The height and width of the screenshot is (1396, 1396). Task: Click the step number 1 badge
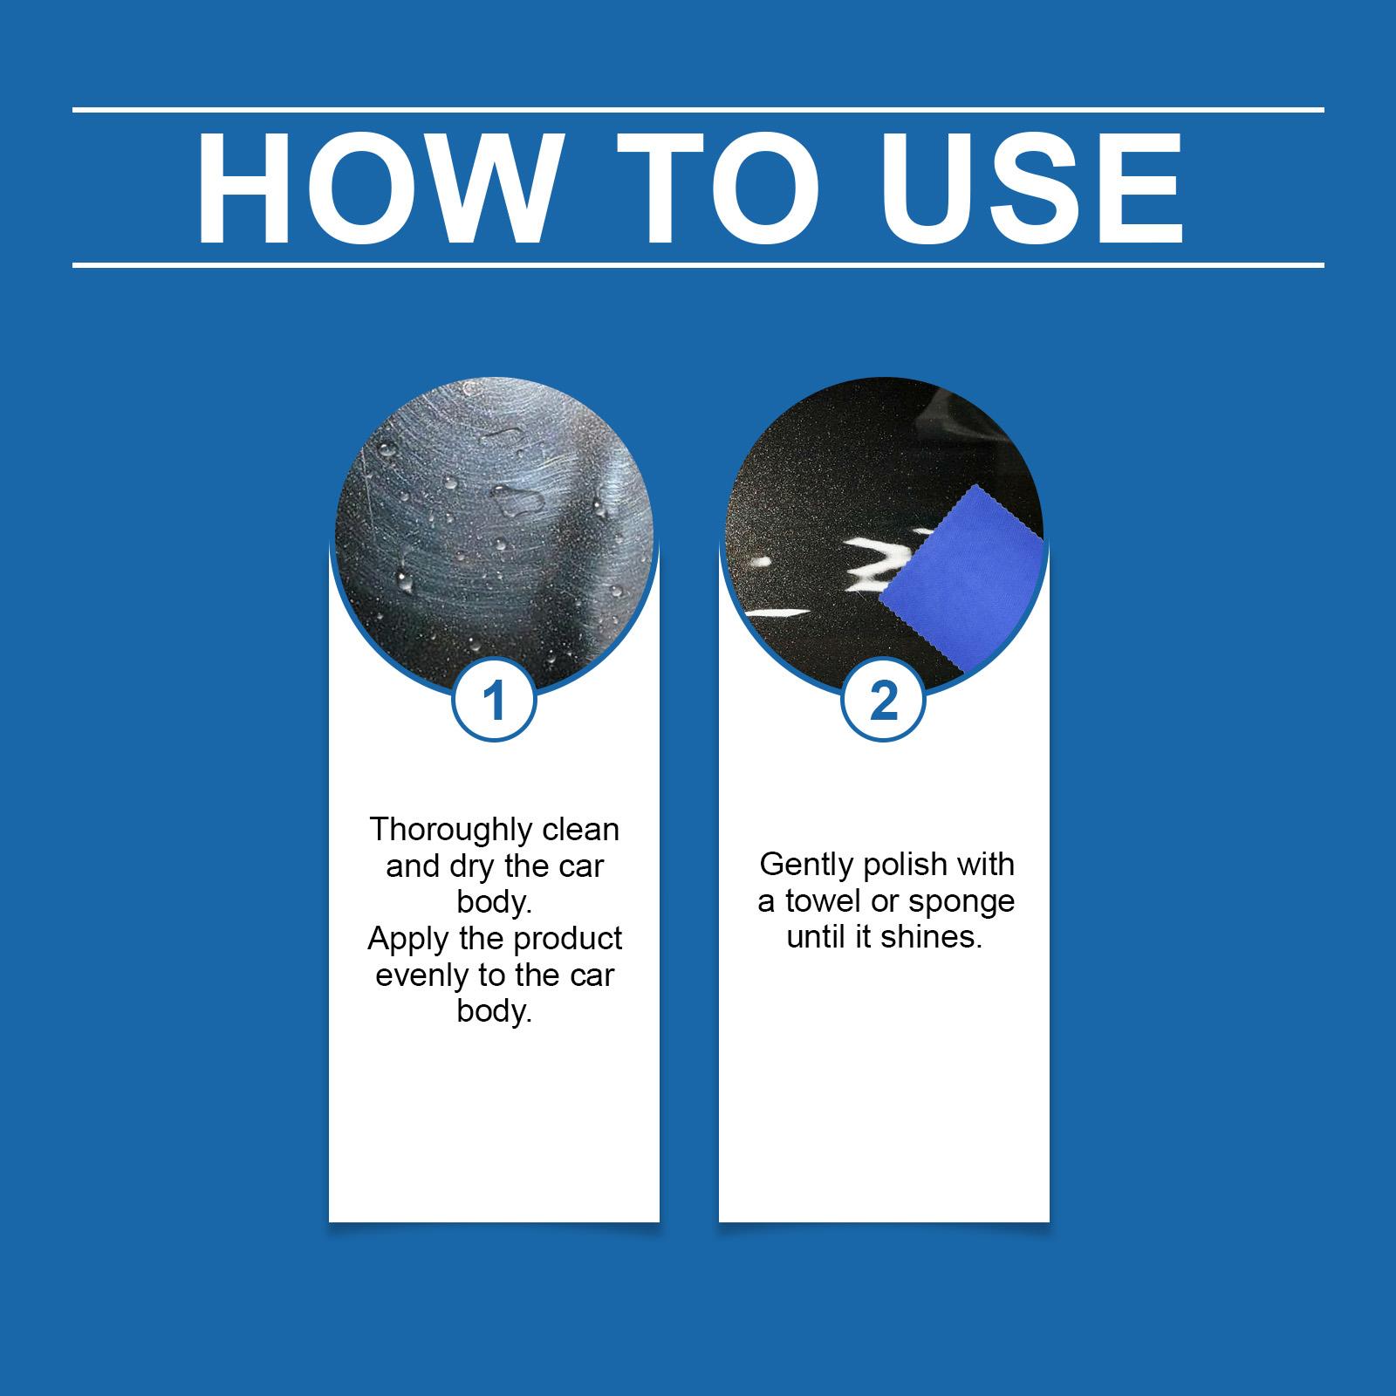(494, 701)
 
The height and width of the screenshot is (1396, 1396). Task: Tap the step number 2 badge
(884, 701)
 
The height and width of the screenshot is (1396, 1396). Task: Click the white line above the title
(698, 110)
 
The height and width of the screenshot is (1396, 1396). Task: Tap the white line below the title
(698, 264)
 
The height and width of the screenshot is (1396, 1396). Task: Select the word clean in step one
(581, 830)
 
